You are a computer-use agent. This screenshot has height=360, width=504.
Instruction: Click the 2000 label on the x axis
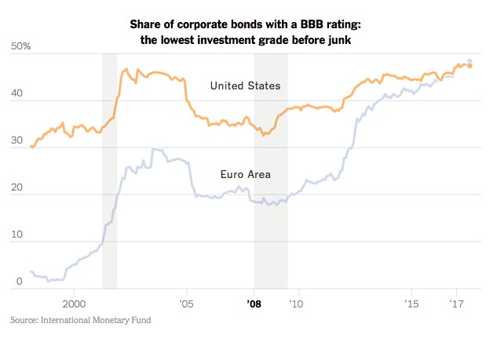coord(73,302)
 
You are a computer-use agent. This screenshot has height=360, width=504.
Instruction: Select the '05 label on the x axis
coord(186,302)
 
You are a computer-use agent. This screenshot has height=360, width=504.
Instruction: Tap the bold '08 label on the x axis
coord(254,302)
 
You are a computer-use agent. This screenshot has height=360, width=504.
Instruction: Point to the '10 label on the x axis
coord(298,302)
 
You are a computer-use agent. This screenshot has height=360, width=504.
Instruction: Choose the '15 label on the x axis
coord(411,302)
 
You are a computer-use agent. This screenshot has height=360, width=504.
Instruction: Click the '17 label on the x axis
coord(455,302)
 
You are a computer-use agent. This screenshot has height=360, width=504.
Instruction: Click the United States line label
coord(246,85)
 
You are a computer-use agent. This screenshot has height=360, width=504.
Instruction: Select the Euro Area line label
coord(246,174)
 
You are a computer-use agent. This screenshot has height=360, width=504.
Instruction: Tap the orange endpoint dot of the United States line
coord(469,66)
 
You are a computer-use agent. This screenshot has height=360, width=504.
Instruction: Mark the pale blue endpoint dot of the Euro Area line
coord(469,61)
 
